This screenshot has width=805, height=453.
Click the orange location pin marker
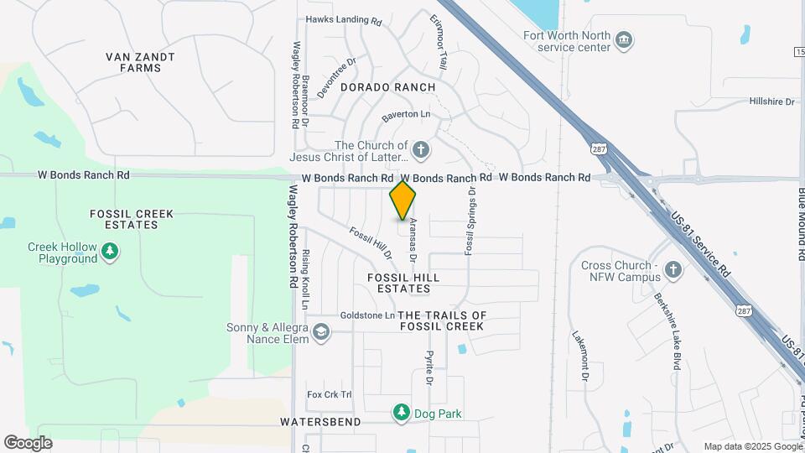pyautogui.click(x=403, y=200)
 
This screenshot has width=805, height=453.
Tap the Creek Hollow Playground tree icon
pyautogui.click(x=109, y=251)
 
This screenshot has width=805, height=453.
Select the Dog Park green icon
pyautogui.click(x=402, y=413)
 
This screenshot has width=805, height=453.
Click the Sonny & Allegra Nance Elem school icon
pyautogui.click(x=320, y=334)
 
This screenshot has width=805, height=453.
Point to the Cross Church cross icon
pyautogui.click(x=673, y=271)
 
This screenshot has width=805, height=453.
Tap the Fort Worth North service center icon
pyautogui.click(x=623, y=40)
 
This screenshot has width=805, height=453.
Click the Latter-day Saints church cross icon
pyautogui.click(x=421, y=151)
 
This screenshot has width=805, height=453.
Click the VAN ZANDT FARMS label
pyautogui.click(x=140, y=62)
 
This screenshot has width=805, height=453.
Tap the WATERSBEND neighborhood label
pyautogui.click(x=320, y=421)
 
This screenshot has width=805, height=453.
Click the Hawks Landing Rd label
pyautogui.click(x=344, y=19)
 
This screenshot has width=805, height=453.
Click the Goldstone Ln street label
pyautogui.click(x=367, y=315)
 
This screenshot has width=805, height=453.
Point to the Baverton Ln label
pyautogui.click(x=406, y=114)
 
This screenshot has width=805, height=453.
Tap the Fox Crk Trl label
pyautogui.click(x=330, y=394)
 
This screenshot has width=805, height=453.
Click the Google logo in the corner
pyautogui.click(x=29, y=442)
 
